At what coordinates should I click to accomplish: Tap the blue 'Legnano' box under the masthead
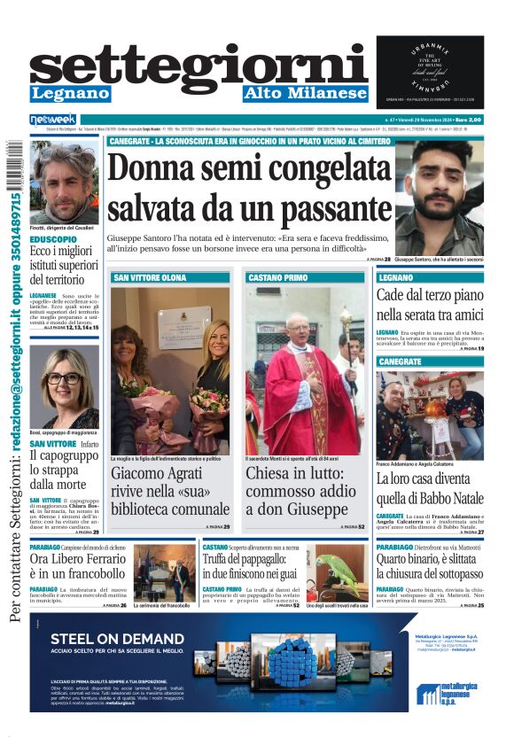[x=70, y=93]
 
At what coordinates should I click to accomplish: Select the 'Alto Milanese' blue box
[x=306, y=93]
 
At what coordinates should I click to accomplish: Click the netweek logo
[x=53, y=119]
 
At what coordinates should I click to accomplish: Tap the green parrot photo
[x=338, y=571]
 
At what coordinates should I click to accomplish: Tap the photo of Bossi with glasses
[x=64, y=388]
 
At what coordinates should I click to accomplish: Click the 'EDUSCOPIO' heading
[x=53, y=239]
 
